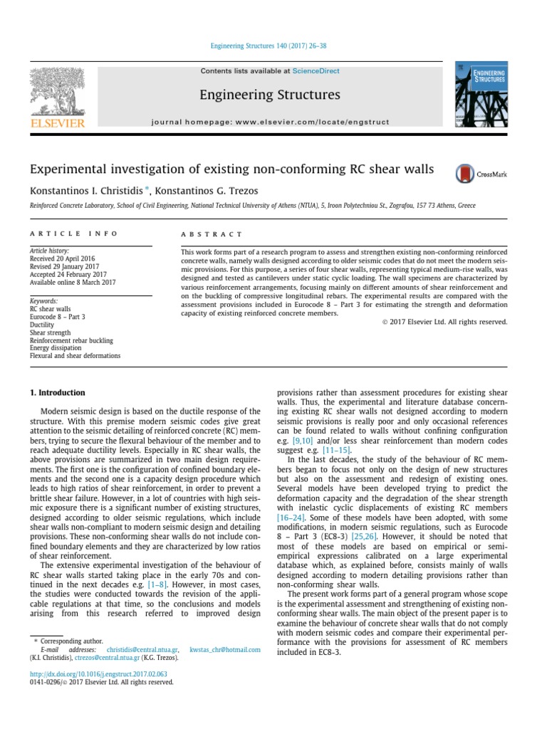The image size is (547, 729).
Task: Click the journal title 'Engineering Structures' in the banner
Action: (270, 95)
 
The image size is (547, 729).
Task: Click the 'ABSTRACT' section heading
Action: (212, 234)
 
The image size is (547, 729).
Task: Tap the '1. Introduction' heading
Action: (57, 392)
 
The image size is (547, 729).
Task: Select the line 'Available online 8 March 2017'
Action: (72, 283)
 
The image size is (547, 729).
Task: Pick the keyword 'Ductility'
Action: (43, 325)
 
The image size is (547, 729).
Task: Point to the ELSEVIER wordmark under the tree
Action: (56, 122)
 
